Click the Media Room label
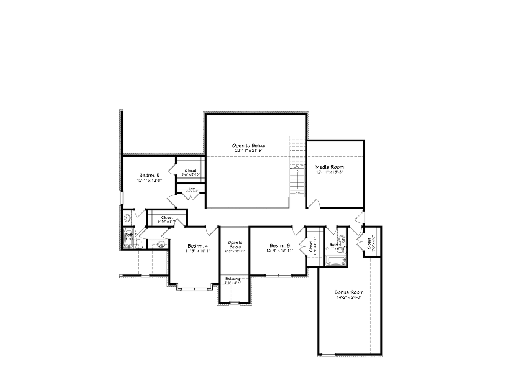click(x=329, y=167)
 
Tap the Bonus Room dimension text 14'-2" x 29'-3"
click(x=349, y=297)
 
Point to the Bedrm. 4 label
click(x=198, y=246)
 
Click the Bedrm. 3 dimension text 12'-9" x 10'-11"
click(x=280, y=251)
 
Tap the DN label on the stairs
click(x=297, y=193)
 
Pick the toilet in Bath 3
click(x=139, y=244)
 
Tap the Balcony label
click(x=232, y=279)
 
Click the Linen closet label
click(x=192, y=189)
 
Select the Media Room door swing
click(x=315, y=204)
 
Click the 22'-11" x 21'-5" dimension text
click(x=248, y=151)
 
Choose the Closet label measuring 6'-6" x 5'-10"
click(x=191, y=171)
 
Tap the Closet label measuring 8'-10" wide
click(x=167, y=217)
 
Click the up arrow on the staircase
click(x=297, y=168)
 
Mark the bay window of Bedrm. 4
click(x=194, y=288)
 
